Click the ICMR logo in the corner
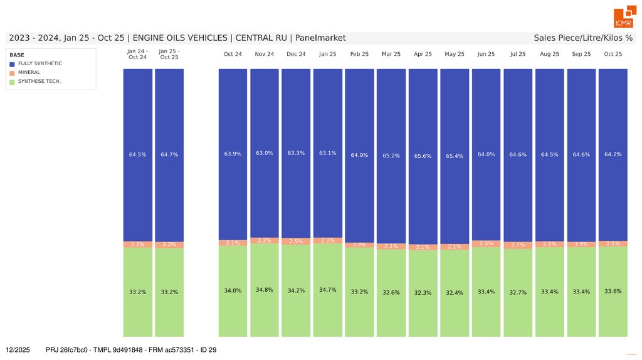(623, 18)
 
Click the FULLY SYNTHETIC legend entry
(39, 63)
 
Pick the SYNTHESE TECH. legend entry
(39, 81)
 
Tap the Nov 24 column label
(265, 54)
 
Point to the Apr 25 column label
(423, 54)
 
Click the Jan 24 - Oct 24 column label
(137, 54)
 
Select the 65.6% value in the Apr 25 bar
(423, 156)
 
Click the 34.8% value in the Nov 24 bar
(265, 290)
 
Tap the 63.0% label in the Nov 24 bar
(265, 153)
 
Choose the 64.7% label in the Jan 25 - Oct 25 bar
(169, 154)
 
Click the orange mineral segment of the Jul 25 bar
(518, 245)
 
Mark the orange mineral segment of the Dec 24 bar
(296, 241)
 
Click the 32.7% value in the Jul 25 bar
(518, 292)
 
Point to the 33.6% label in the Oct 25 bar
(613, 291)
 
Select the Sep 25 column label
(581, 54)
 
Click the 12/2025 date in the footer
(18, 349)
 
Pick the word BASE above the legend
(17, 55)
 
